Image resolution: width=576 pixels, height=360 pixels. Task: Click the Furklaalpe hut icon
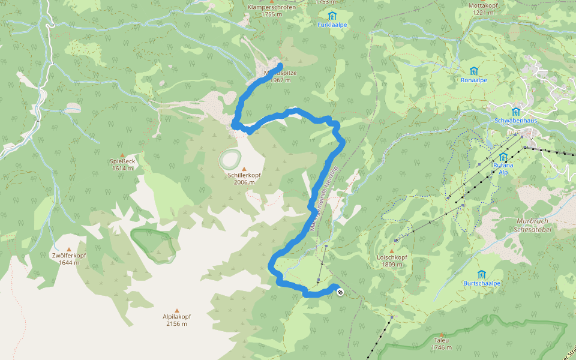tap(332, 16)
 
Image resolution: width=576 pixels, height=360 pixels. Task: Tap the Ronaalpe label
tap(474, 79)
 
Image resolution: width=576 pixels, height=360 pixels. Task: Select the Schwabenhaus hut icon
tap(516, 112)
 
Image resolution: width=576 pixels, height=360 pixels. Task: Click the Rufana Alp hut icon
tap(503, 157)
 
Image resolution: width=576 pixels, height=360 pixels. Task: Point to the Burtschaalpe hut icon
tap(481, 274)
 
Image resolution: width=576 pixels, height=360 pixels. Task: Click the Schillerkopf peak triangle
tap(243, 169)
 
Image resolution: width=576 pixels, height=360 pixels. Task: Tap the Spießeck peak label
tap(122, 161)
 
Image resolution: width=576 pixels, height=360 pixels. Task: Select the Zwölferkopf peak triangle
tap(69, 249)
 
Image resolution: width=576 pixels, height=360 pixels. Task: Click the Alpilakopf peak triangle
tap(176, 310)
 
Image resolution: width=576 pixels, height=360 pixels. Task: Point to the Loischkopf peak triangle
tap(392, 251)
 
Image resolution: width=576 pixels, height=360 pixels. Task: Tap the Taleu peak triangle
tap(442, 334)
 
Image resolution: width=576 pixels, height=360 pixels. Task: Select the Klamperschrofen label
tap(272, 7)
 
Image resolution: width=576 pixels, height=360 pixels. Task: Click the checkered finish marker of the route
tap(340, 292)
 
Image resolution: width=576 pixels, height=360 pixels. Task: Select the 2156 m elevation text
tap(176, 324)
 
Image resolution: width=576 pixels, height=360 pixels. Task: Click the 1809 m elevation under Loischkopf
tap(392, 265)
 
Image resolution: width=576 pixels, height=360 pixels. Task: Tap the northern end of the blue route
tap(280, 65)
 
